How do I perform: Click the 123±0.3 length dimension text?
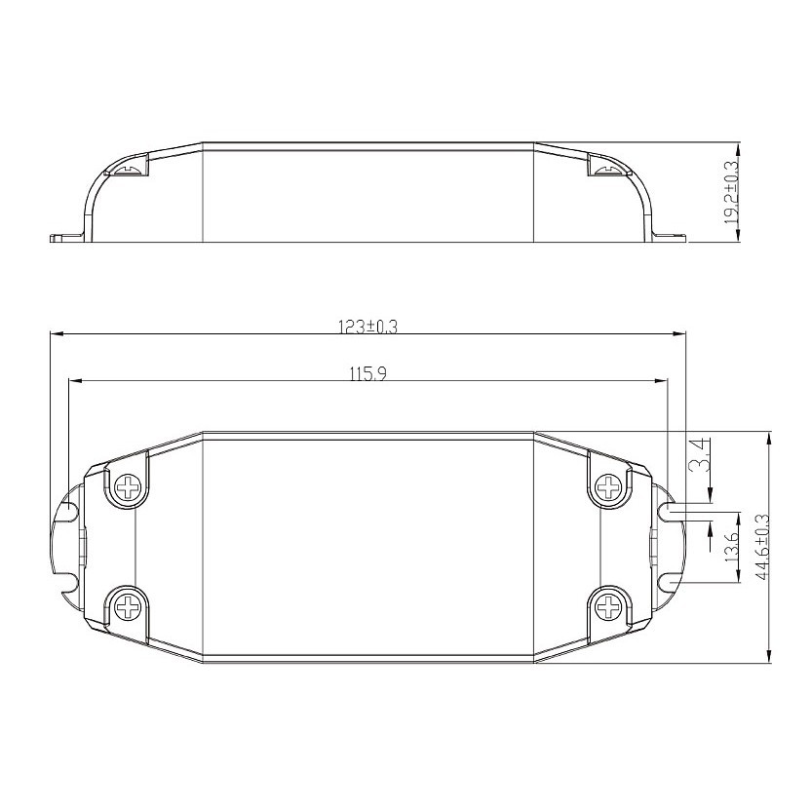coord(367,327)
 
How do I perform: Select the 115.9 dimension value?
coord(368,374)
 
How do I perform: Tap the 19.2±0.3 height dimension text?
coord(732,192)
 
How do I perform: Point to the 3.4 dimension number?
coord(700,455)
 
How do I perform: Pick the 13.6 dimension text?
coord(731,547)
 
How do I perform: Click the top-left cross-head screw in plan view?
coord(128,487)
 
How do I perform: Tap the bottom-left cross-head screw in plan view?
coord(128,605)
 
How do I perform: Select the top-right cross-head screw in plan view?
coord(609,486)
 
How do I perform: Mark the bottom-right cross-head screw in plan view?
coord(609,605)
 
